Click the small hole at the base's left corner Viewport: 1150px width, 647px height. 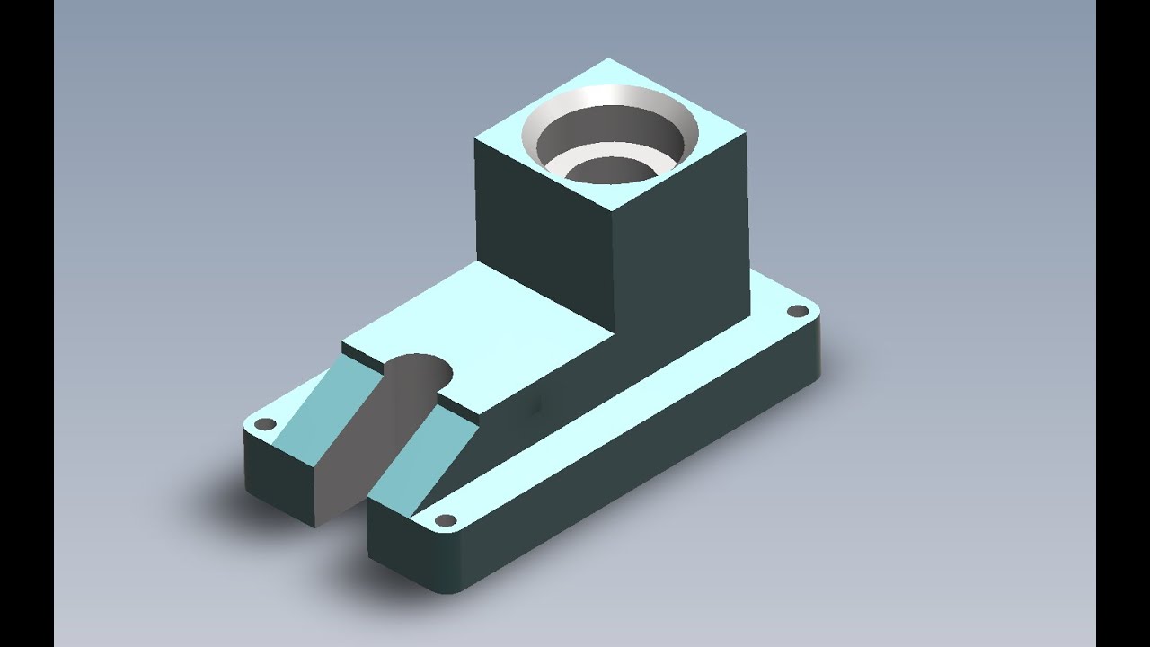click(265, 423)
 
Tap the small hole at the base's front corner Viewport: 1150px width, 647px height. click(444, 520)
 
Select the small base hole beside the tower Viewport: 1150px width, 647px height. click(797, 312)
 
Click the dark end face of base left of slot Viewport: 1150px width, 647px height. click(279, 476)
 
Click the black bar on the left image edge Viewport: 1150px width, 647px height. click(27, 323)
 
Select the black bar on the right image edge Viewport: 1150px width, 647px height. click(1123, 323)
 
